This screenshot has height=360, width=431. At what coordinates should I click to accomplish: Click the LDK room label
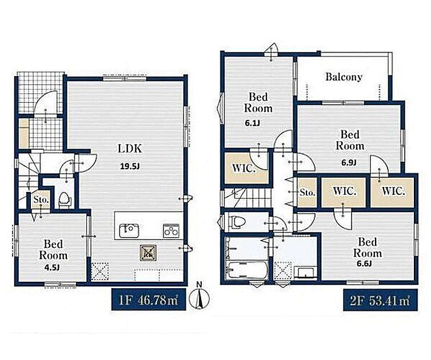point(130,149)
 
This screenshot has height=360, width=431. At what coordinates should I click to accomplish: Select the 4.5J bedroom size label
point(52,267)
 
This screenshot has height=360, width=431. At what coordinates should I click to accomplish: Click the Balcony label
point(344,77)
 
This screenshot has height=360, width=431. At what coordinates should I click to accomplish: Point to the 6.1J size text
point(252,123)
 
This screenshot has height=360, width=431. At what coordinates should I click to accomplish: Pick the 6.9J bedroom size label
point(349,162)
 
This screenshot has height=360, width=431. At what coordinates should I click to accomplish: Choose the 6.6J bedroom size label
point(364,263)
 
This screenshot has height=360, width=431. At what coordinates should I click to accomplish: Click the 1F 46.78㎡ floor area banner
point(149,299)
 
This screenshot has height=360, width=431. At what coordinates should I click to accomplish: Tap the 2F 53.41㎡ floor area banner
point(381,300)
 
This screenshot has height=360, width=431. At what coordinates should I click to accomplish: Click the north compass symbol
point(200,297)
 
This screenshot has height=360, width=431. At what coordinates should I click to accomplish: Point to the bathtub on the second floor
point(246,269)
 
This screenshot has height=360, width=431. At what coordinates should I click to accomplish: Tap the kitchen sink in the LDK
point(129,230)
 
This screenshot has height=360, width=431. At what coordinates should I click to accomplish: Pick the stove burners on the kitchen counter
point(171,231)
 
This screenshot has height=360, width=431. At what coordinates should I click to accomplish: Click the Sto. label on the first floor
point(41,200)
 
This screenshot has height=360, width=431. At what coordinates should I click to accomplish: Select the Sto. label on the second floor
point(307,193)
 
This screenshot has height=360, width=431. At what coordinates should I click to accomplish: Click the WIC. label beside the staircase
point(244,168)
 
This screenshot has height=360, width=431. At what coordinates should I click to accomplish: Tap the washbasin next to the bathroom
point(305,272)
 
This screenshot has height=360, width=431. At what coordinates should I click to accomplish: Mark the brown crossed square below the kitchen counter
point(148,253)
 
